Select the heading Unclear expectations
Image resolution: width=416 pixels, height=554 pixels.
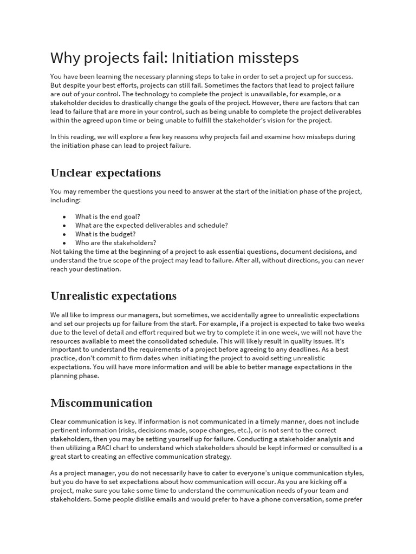[x=106, y=173]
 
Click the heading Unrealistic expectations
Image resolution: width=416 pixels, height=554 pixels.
[x=113, y=296]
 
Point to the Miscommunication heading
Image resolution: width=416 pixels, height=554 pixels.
[x=101, y=403]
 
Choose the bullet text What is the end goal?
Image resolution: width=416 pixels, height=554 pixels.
[x=108, y=216]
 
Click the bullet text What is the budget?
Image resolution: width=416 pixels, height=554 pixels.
[x=106, y=234]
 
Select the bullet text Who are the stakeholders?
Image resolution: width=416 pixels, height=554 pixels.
[x=116, y=243]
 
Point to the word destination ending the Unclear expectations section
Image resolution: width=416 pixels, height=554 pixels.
[x=102, y=269]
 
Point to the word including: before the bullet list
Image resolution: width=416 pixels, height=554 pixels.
[x=66, y=200]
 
